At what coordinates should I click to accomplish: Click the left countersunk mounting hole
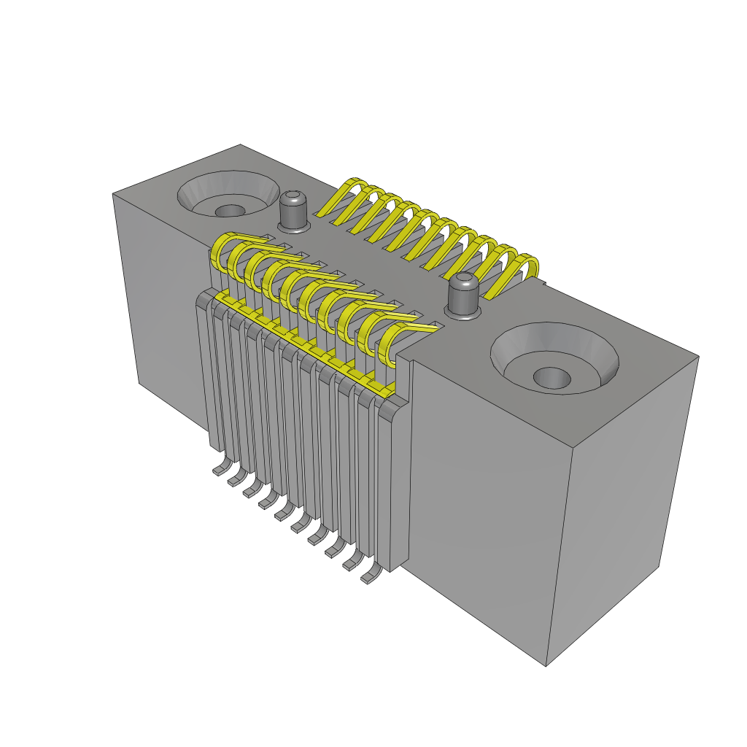click(228, 195)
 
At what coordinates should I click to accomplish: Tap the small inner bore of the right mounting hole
click(551, 377)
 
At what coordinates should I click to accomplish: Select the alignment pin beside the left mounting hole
click(293, 212)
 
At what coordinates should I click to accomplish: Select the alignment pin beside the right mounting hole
click(462, 295)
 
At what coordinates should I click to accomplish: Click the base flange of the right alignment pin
click(462, 313)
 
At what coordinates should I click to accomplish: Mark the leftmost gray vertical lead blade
click(204, 372)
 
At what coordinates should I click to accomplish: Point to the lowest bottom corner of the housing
click(546, 665)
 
